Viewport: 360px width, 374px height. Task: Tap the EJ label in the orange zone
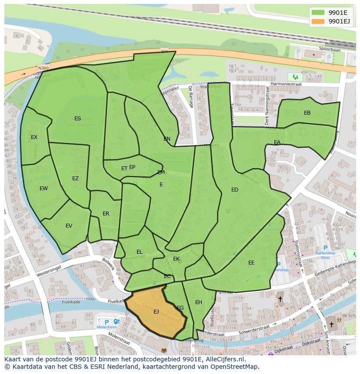(156, 311)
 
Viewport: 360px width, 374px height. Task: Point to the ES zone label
(77, 118)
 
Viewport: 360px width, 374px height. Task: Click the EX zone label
(34, 137)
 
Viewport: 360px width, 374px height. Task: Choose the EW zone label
(43, 188)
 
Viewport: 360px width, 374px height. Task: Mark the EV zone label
(69, 225)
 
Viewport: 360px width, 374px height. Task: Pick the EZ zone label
(75, 178)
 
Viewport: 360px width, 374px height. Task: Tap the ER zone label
(106, 213)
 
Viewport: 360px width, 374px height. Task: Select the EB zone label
(307, 113)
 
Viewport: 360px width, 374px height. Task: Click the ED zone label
(235, 189)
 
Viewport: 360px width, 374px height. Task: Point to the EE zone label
(251, 262)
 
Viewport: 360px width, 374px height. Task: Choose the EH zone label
(199, 302)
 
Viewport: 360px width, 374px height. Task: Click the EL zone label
(139, 252)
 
